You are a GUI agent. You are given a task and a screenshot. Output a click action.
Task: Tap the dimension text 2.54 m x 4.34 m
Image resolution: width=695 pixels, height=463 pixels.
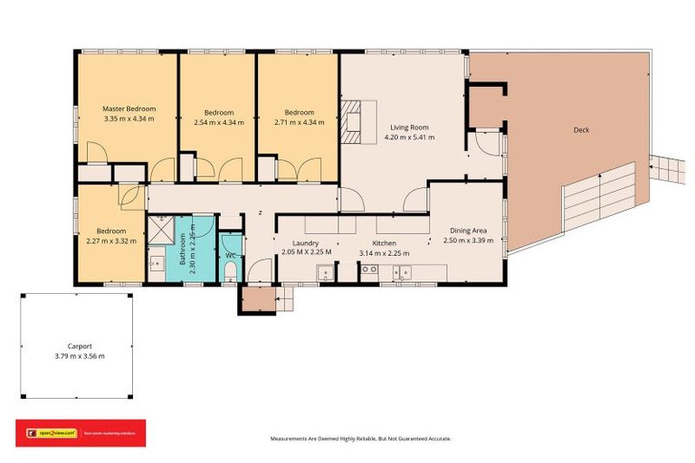point(219,122)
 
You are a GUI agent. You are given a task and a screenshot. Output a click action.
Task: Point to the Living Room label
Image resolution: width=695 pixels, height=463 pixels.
point(409,128)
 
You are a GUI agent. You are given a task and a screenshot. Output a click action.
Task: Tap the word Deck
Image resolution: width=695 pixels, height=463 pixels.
point(581,130)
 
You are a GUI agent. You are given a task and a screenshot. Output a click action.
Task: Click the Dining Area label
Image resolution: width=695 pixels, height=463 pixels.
point(470,231)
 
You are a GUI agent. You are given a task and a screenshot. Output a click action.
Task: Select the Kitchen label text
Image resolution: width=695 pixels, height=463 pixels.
point(385,242)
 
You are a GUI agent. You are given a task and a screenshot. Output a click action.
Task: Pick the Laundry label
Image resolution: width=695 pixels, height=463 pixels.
point(305,242)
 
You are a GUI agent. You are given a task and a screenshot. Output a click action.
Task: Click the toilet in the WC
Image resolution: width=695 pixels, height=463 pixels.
point(230,269)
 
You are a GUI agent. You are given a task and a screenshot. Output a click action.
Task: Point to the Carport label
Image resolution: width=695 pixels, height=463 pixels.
point(79,345)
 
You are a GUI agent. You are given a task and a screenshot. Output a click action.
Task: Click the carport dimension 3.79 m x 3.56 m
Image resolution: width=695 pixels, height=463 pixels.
point(79,356)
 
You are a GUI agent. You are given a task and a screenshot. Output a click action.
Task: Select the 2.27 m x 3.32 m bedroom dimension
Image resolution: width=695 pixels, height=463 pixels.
point(111,241)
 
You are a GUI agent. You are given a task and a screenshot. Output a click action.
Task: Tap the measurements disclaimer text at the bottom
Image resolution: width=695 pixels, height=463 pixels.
point(361,438)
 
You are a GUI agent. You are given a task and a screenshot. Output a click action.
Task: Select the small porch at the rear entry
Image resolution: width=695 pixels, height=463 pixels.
point(257,298)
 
